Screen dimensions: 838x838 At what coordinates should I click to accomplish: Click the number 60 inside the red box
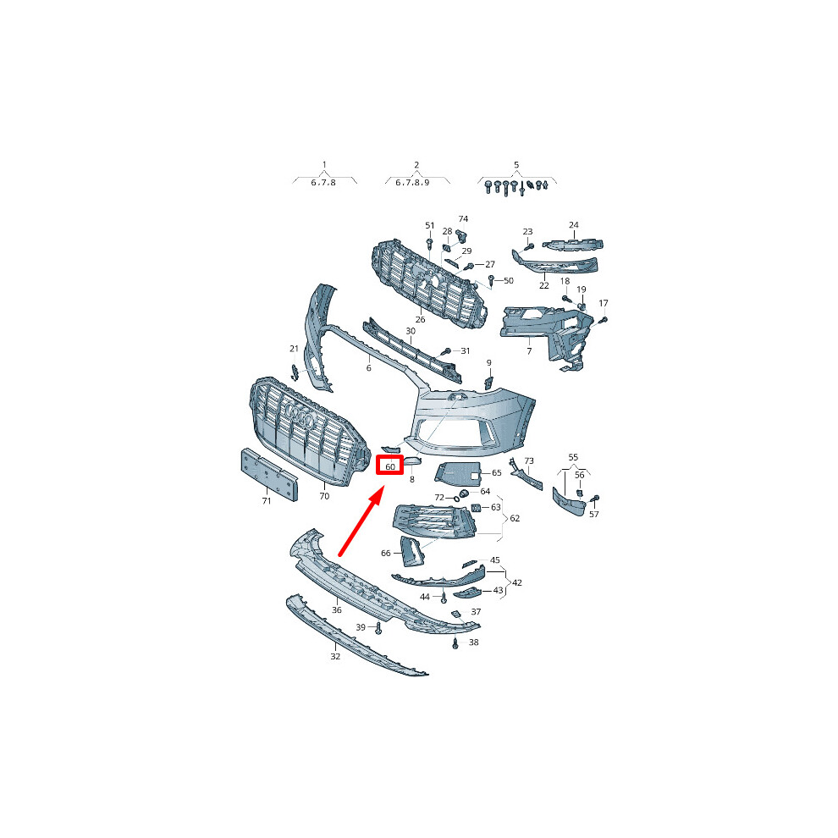point(390,467)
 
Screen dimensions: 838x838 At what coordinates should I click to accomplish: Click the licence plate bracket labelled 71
point(269,474)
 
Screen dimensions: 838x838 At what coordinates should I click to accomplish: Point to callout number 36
point(337,609)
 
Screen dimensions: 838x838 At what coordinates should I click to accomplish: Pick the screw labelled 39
point(378,627)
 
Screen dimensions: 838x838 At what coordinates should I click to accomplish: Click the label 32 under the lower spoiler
point(335,656)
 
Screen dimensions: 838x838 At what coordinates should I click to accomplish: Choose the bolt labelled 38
point(455,643)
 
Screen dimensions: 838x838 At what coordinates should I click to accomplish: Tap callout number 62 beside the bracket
point(515,518)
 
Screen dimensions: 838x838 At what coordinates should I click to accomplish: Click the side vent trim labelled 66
point(412,552)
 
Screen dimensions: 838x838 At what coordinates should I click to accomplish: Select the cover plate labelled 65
point(458,473)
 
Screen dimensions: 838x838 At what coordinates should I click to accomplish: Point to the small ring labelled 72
point(456,499)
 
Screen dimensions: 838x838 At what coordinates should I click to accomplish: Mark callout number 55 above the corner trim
point(573,457)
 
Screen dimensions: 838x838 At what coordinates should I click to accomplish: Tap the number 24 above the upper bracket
point(573,225)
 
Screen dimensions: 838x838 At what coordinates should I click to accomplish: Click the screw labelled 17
point(604,320)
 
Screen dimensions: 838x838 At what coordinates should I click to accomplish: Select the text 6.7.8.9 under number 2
point(412,183)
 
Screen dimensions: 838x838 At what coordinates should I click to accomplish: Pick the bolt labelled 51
point(430,244)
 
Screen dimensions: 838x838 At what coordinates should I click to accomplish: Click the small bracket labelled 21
point(295,372)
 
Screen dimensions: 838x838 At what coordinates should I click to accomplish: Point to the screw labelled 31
point(446,351)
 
